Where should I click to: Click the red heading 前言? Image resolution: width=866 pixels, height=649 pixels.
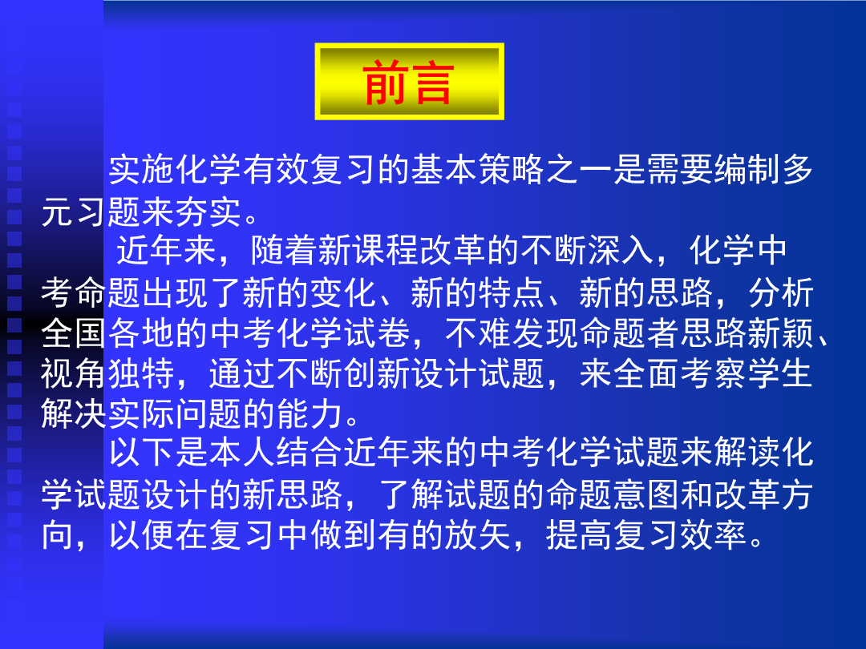point(409,83)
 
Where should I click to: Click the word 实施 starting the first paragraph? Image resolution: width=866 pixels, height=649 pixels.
point(142,169)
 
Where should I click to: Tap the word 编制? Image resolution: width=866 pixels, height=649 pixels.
point(748,169)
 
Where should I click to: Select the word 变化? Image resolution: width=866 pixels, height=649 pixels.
point(343,292)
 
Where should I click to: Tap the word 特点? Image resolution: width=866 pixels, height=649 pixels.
point(512,292)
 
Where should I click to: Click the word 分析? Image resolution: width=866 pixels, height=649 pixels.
point(781,292)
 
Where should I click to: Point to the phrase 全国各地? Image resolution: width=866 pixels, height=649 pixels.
point(108,333)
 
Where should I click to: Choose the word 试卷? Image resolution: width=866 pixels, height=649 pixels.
point(377,333)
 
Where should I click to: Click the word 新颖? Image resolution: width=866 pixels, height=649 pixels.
point(781,333)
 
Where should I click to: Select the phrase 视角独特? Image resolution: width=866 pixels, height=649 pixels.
point(108,373)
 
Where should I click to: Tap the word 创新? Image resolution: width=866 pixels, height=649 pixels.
point(377,373)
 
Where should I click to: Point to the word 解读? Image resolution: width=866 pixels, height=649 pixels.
point(748,453)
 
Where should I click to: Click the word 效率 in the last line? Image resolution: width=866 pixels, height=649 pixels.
point(714,534)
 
